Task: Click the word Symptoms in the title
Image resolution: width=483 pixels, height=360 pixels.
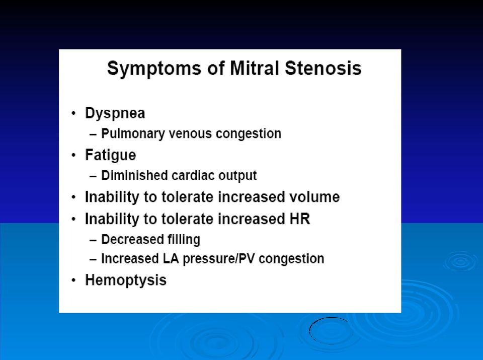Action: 154,69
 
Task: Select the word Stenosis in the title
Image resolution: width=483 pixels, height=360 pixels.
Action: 323,68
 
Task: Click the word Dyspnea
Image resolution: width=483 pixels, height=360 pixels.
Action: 115,113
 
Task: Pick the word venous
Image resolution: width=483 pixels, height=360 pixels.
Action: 190,134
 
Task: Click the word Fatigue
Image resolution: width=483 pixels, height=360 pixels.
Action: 110,155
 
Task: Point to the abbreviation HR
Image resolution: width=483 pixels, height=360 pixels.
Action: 300,219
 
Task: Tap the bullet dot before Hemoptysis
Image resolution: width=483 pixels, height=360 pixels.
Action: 73,280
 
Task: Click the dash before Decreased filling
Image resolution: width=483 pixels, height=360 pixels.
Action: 93,240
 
